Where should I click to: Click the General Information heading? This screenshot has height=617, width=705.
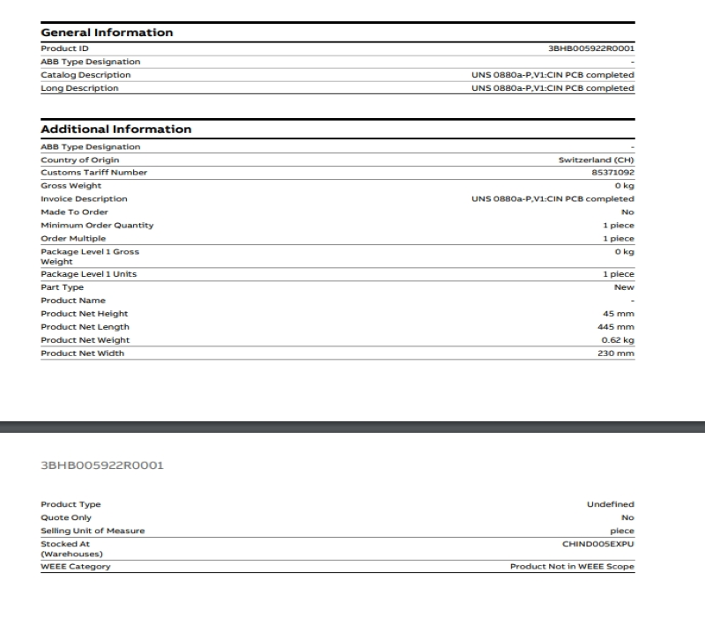point(107,33)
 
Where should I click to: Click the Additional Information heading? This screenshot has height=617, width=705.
point(115,130)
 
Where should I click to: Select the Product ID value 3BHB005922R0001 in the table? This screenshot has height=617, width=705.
point(590,48)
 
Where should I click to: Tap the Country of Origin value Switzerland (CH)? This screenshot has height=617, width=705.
point(597,160)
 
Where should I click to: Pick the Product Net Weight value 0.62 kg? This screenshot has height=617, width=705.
point(618,340)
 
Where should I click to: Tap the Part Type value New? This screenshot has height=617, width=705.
point(624,287)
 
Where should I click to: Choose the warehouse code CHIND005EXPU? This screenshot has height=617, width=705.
point(598,544)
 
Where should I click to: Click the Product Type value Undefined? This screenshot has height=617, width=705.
point(611,504)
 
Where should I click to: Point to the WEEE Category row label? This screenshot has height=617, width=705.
point(76,566)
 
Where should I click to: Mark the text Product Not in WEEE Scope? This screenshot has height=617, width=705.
point(572,566)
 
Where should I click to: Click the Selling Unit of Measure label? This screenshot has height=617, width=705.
point(93,531)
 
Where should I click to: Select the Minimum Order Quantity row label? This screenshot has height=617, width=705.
point(97,226)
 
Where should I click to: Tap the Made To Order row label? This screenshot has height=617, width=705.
point(74,212)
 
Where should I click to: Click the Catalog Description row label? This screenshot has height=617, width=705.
point(85,75)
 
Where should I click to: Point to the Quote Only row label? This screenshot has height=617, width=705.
point(66,517)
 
